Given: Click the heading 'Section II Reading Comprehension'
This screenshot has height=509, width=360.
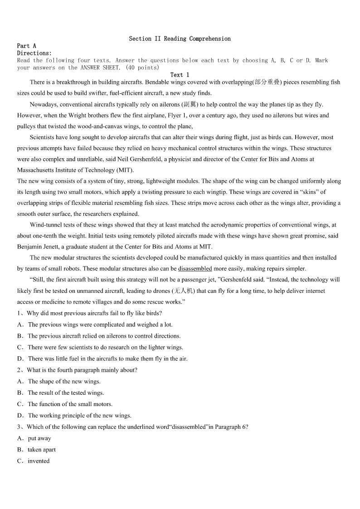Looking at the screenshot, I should tap(180, 39).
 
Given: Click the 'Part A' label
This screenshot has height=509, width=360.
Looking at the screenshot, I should tap(26, 46).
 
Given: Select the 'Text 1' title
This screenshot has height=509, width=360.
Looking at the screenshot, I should tap(180, 75).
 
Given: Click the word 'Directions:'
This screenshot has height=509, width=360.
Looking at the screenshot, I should tap(34, 53).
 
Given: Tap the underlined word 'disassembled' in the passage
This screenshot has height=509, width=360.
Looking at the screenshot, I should tap(195, 269).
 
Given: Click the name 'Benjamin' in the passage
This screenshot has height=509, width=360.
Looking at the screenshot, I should tap(30, 247).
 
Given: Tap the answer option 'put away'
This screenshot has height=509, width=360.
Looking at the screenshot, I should tap(39, 438).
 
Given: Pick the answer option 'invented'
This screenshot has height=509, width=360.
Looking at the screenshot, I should tap(39, 461).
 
